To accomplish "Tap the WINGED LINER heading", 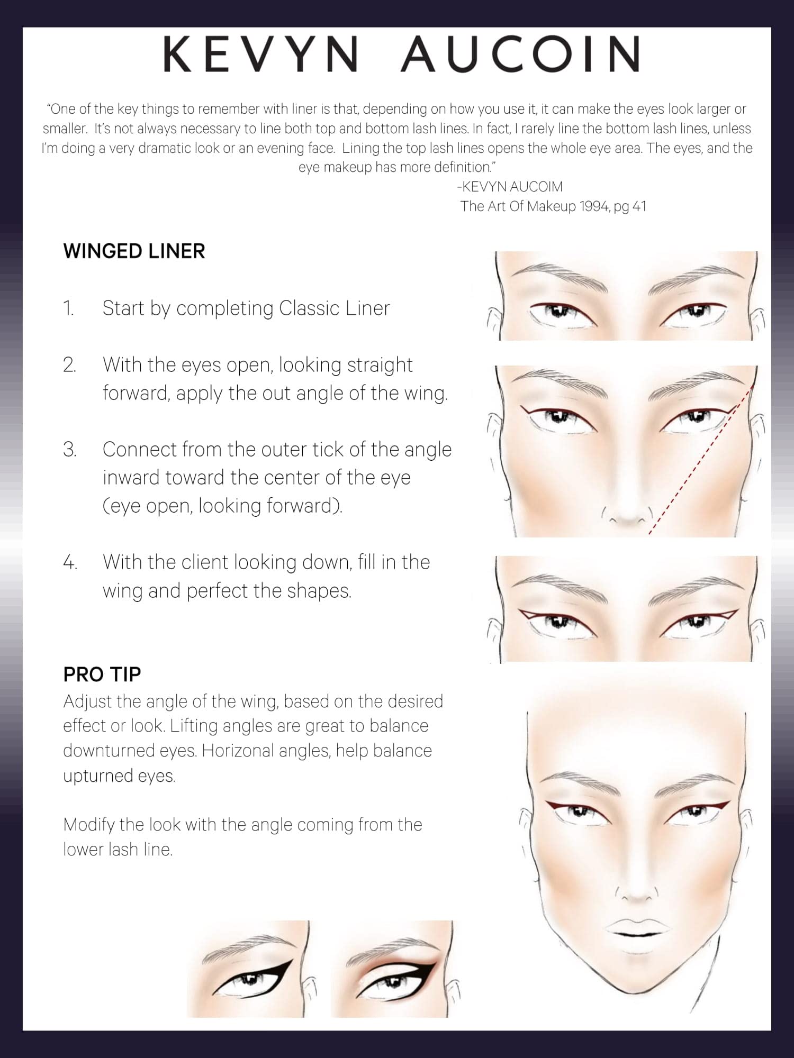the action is click(134, 251).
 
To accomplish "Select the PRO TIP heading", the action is click(102, 674).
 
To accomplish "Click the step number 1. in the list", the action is click(69, 308).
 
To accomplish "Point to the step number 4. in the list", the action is click(70, 562).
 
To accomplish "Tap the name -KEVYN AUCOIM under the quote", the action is click(510, 187).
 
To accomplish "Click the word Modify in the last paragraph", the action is click(88, 825).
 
